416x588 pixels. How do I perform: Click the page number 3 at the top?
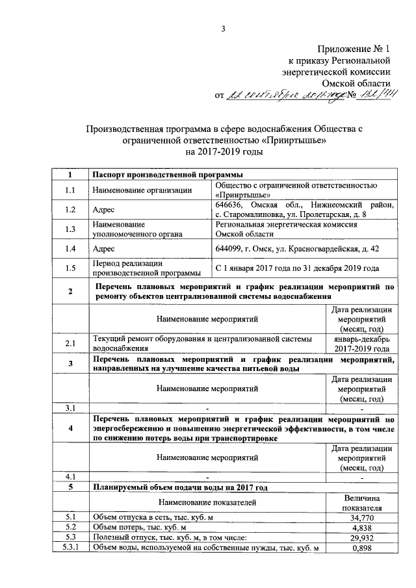tap(223, 28)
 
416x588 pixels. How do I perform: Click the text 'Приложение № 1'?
tap(354, 49)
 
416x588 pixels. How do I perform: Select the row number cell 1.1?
tap(70, 190)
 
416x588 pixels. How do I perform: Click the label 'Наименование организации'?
tap(142, 190)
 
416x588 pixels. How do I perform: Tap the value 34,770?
tap(362, 517)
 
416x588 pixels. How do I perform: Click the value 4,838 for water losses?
tap(362, 528)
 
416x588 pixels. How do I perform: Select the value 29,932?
tap(362, 538)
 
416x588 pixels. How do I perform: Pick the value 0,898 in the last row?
tap(362, 549)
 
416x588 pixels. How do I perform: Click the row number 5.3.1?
tap(70, 549)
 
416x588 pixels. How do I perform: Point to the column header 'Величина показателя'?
tap(362, 502)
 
